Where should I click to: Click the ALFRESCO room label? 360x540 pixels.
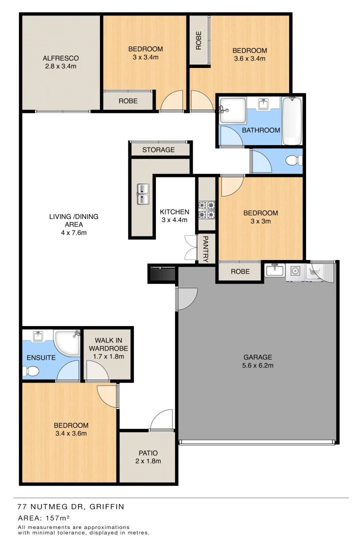tap(61, 62)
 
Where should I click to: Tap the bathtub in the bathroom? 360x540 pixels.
tap(292, 121)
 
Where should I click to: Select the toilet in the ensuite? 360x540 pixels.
tap(29, 371)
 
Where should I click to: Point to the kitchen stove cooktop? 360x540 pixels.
tap(207, 210)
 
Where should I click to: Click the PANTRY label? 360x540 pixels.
tap(205, 249)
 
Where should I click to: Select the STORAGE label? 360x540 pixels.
tap(158, 149)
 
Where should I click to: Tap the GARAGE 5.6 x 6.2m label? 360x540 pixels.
tap(257, 361)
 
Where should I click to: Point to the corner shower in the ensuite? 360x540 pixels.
tap(66, 342)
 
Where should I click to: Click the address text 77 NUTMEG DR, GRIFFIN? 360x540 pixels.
tap(70, 506)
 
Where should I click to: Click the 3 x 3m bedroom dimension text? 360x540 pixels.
tap(260, 221)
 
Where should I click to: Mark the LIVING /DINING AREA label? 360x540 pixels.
tap(73, 224)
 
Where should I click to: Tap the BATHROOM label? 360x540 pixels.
tap(261, 130)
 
